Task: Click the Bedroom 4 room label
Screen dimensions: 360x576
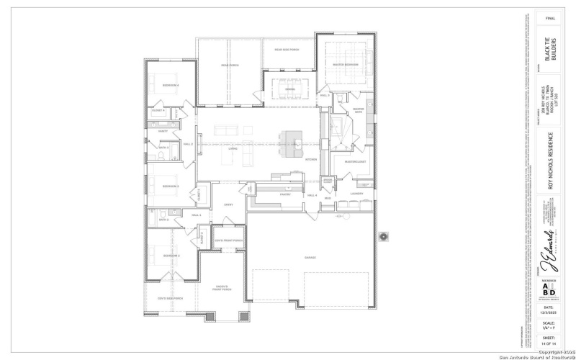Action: [x=169, y=86]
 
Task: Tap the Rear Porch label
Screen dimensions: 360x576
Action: [x=229, y=65]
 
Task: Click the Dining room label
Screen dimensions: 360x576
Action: [x=290, y=89]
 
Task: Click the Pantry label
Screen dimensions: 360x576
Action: [x=284, y=194]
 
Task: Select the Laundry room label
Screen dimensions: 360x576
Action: [x=356, y=193]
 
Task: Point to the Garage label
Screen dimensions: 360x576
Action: [x=310, y=257]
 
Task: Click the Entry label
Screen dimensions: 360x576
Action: [x=229, y=205]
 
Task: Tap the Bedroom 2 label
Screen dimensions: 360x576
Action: [x=170, y=256]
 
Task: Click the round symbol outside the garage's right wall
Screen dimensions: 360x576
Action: [x=383, y=237]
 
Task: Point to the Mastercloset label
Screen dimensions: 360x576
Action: [x=355, y=161]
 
